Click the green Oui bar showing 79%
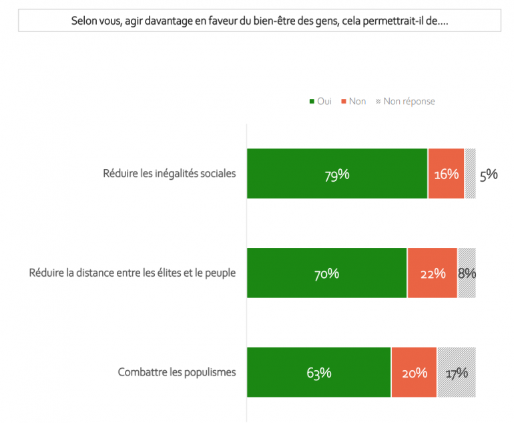coord(337,174)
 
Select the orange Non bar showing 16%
coord(446,174)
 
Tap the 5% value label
coord(489,174)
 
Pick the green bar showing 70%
coord(326,273)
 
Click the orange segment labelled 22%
coord(432,273)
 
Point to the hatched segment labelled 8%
coord(467,273)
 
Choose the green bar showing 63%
coord(319,372)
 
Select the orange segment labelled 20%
coord(414,372)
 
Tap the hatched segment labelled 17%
coord(457,372)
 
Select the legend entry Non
coord(357,102)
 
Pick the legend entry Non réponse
coord(409,102)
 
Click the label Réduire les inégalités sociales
coord(170,174)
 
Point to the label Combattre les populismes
coord(177,372)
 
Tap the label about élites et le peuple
coord(133,273)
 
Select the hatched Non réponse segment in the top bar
coord(470,174)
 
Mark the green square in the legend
coord(312,102)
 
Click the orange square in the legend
coord(344,102)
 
